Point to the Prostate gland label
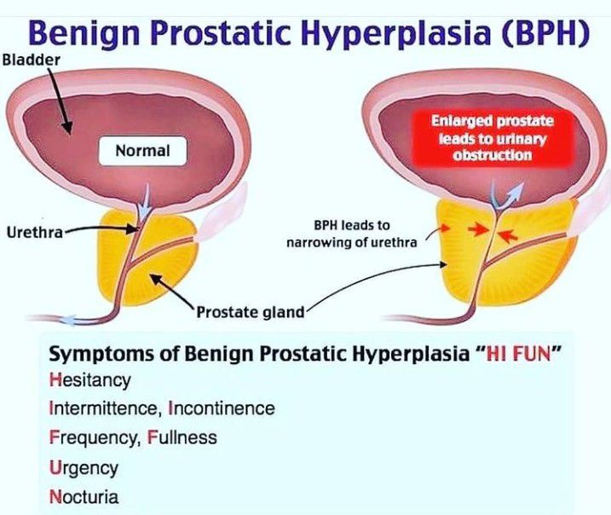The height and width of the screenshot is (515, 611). (x=250, y=312)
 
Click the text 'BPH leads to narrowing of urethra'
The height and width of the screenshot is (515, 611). (x=364, y=234)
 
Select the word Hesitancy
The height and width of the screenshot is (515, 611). (x=90, y=379)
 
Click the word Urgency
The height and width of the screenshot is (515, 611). (x=84, y=467)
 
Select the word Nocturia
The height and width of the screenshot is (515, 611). (x=84, y=496)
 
